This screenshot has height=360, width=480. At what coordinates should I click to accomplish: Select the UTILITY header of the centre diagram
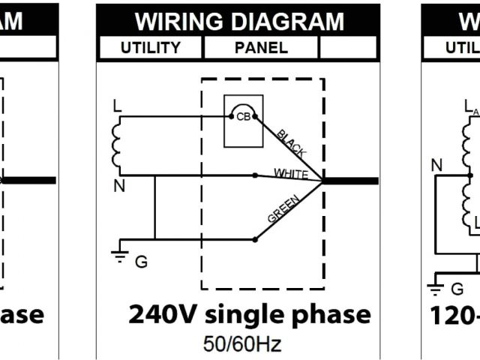point(151,48)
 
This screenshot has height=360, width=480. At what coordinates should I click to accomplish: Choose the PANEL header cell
point(261,48)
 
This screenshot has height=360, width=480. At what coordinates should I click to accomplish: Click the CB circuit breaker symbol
point(243,117)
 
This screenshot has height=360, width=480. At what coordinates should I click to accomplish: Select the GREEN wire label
point(284,210)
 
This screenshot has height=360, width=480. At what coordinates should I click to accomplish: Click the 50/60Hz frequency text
point(241,344)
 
